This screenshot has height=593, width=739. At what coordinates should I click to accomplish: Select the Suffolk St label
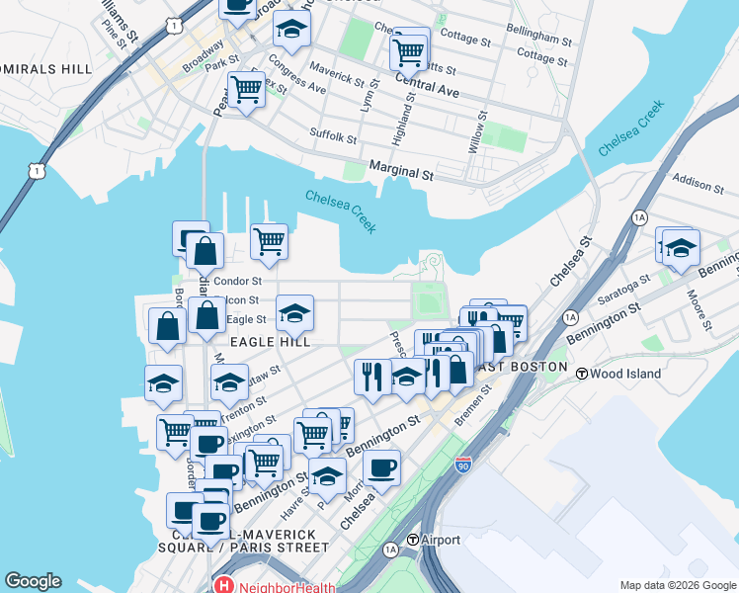pyautogui.click(x=332, y=135)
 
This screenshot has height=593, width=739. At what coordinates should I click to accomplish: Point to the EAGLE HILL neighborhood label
pyautogui.click(x=271, y=342)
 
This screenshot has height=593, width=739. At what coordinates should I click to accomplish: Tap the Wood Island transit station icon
pyautogui.click(x=583, y=374)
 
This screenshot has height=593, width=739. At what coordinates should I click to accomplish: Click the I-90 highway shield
pyautogui.click(x=463, y=465)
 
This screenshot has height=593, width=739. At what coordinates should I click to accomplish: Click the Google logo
pyautogui.click(x=33, y=581)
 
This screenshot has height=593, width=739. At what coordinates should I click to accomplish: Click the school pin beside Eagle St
pyautogui.click(x=294, y=313)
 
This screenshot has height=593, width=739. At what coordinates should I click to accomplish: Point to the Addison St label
pyautogui.click(x=699, y=182)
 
